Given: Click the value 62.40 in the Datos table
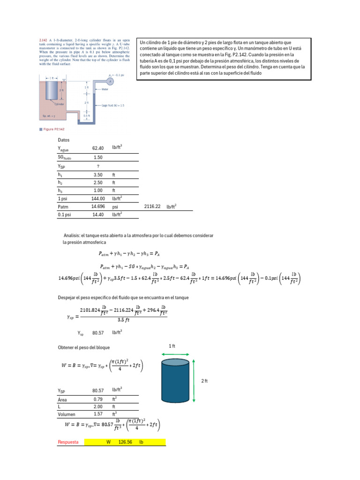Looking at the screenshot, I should pyautogui.click(x=97, y=149).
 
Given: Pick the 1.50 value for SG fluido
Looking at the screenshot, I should pyautogui.click(x=97, y=157).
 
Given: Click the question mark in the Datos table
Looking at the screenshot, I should pyautogui.click(x=97, y=166).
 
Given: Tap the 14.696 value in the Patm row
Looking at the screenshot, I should pyautogui.click(x=97, y=206).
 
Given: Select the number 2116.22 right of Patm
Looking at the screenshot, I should pyautogui.click(x=152, y=206).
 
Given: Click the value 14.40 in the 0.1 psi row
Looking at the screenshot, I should pyautogui.click(x=97, y=214).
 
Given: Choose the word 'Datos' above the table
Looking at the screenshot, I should pyautogui.click(x=64, y=140).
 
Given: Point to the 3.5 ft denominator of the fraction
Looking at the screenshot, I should pyautogui.click(x=123, y=321).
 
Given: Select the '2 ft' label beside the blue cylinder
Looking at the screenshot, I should pyautogui.click(x=204, y=381).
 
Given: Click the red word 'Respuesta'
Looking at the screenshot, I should pyautogui.click(x=67, y=442).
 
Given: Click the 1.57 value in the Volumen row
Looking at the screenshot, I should pyautogui.click(x=97, y=414).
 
